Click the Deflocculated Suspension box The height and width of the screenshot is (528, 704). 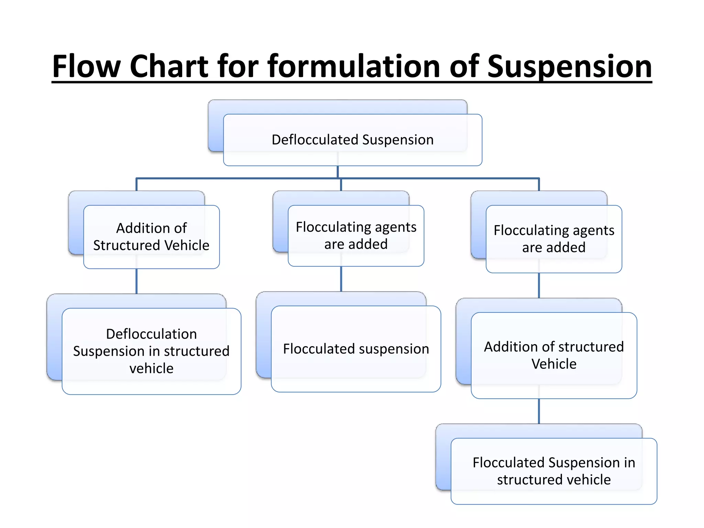(352, 140)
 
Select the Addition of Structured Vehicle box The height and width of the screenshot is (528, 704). (151, 237)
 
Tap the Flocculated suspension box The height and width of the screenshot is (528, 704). (356, 349)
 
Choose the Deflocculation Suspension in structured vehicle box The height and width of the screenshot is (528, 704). (151, 351)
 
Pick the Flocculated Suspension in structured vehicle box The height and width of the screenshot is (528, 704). (553, 471)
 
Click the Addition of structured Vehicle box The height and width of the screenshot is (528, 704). (553, 355)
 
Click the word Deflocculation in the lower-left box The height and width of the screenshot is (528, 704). (151, 334)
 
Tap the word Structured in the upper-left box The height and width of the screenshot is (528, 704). (127, 245)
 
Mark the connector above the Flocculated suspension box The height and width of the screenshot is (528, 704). (341, 279)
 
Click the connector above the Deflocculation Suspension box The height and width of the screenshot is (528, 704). (136, 281)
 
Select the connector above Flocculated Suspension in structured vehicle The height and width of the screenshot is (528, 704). (539, 411)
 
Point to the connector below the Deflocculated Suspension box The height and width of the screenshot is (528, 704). (338, 172)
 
